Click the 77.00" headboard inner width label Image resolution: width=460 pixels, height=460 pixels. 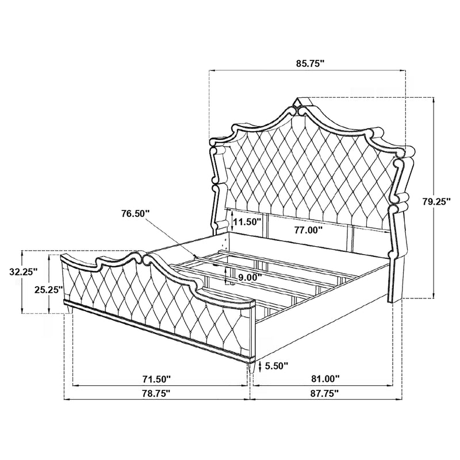point(305,229)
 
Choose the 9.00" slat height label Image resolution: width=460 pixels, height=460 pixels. point(250,277)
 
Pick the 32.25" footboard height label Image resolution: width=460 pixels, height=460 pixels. point(23,271)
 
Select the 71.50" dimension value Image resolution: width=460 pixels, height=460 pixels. point(156,379)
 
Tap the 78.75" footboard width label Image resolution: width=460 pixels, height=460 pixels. point(156,394)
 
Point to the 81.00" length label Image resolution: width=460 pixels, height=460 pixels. point(325,379)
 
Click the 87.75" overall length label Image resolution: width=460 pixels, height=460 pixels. point(325,394)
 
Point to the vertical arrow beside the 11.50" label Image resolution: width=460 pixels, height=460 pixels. point(231,218)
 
